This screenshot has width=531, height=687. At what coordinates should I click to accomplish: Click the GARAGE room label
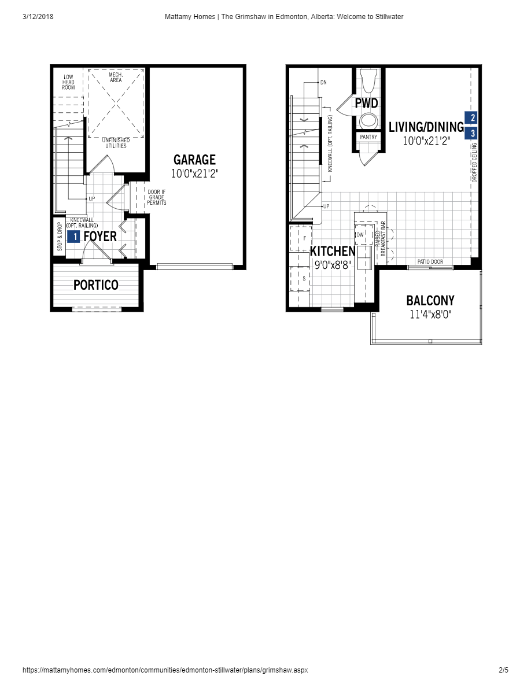pos(194,160)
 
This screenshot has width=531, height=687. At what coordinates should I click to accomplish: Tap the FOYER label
pos(100,237)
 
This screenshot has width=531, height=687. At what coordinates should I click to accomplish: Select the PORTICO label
pos(95,285)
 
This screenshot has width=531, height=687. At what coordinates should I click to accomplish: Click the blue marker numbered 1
pos(73,237)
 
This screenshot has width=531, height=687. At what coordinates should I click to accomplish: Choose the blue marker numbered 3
pos(473,134)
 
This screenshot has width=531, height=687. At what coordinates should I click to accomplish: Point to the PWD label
pos(366,104)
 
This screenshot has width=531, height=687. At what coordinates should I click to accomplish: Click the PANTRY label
pos(368,137)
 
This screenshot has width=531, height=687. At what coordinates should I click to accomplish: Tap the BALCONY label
pos(430,301)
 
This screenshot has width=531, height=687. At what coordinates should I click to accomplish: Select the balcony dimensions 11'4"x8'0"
pos(430,315)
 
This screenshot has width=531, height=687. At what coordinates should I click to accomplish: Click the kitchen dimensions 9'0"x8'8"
pos(333,265)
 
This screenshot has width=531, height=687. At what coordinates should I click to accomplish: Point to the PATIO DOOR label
pos(430,262)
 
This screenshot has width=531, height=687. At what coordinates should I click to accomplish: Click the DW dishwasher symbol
pos(360,234)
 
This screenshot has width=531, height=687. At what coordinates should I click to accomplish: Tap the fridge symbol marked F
pos(304,238)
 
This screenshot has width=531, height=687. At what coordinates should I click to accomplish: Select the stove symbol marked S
pos(304,278)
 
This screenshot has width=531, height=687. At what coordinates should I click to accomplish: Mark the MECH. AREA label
pos(116,77)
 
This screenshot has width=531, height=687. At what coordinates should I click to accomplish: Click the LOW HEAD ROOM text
pos(68,82)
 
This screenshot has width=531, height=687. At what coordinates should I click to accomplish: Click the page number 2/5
pos(503,670)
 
